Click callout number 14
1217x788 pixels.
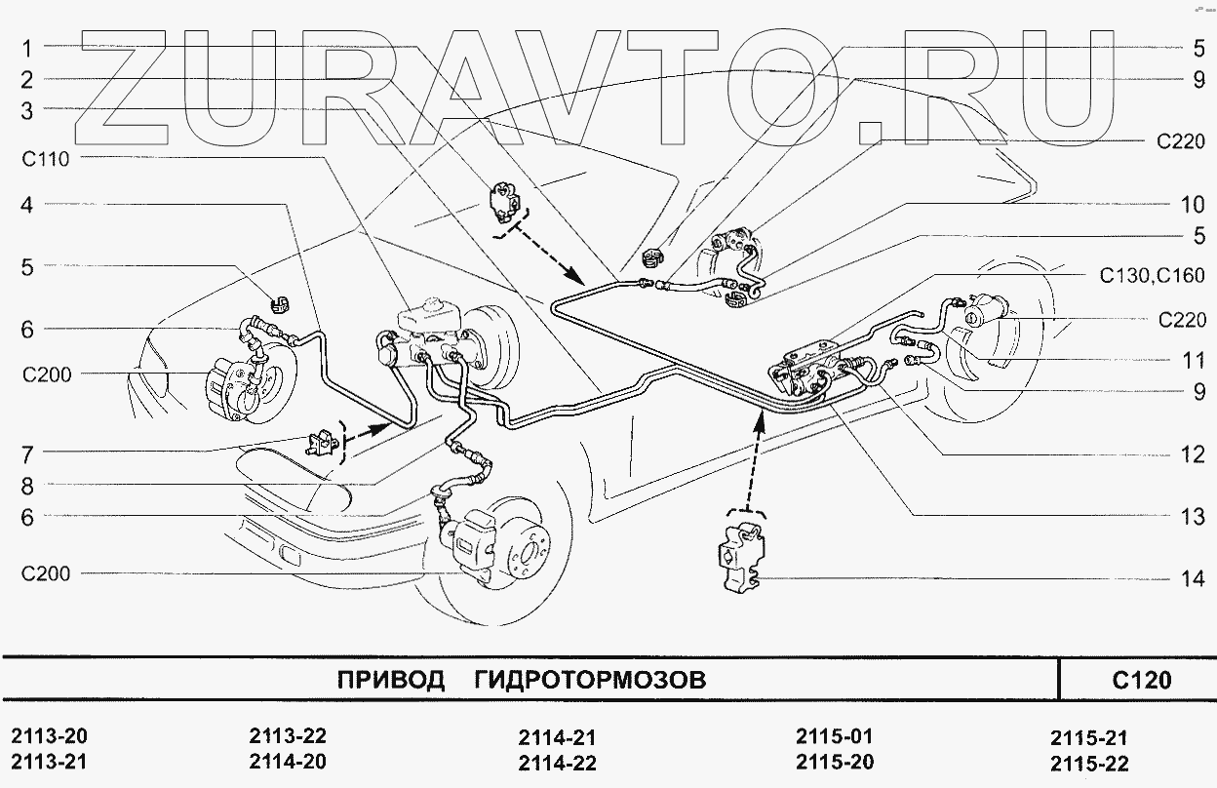click(x=1193, y=578)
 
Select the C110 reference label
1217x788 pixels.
click(x=46, y=158)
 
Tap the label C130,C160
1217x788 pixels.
click(x=1153, y=275)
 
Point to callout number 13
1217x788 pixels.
click(x=1193, y=517)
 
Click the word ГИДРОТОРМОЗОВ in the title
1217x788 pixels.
click(x=589, y=679)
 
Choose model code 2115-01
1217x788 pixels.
click(x=835, y=737)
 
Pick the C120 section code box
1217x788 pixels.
click(x=1139, y=679)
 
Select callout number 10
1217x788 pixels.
click(x=1193, y=205)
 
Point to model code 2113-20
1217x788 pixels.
click(x=56, y=737)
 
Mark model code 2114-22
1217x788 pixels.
click(x=557, y=763)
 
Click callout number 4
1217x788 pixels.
click(x=27, y=205)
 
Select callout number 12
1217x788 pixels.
click(x=1193, y=454)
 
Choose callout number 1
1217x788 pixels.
click(x=27, y=47)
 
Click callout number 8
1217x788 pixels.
click(x=27, y=484)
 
